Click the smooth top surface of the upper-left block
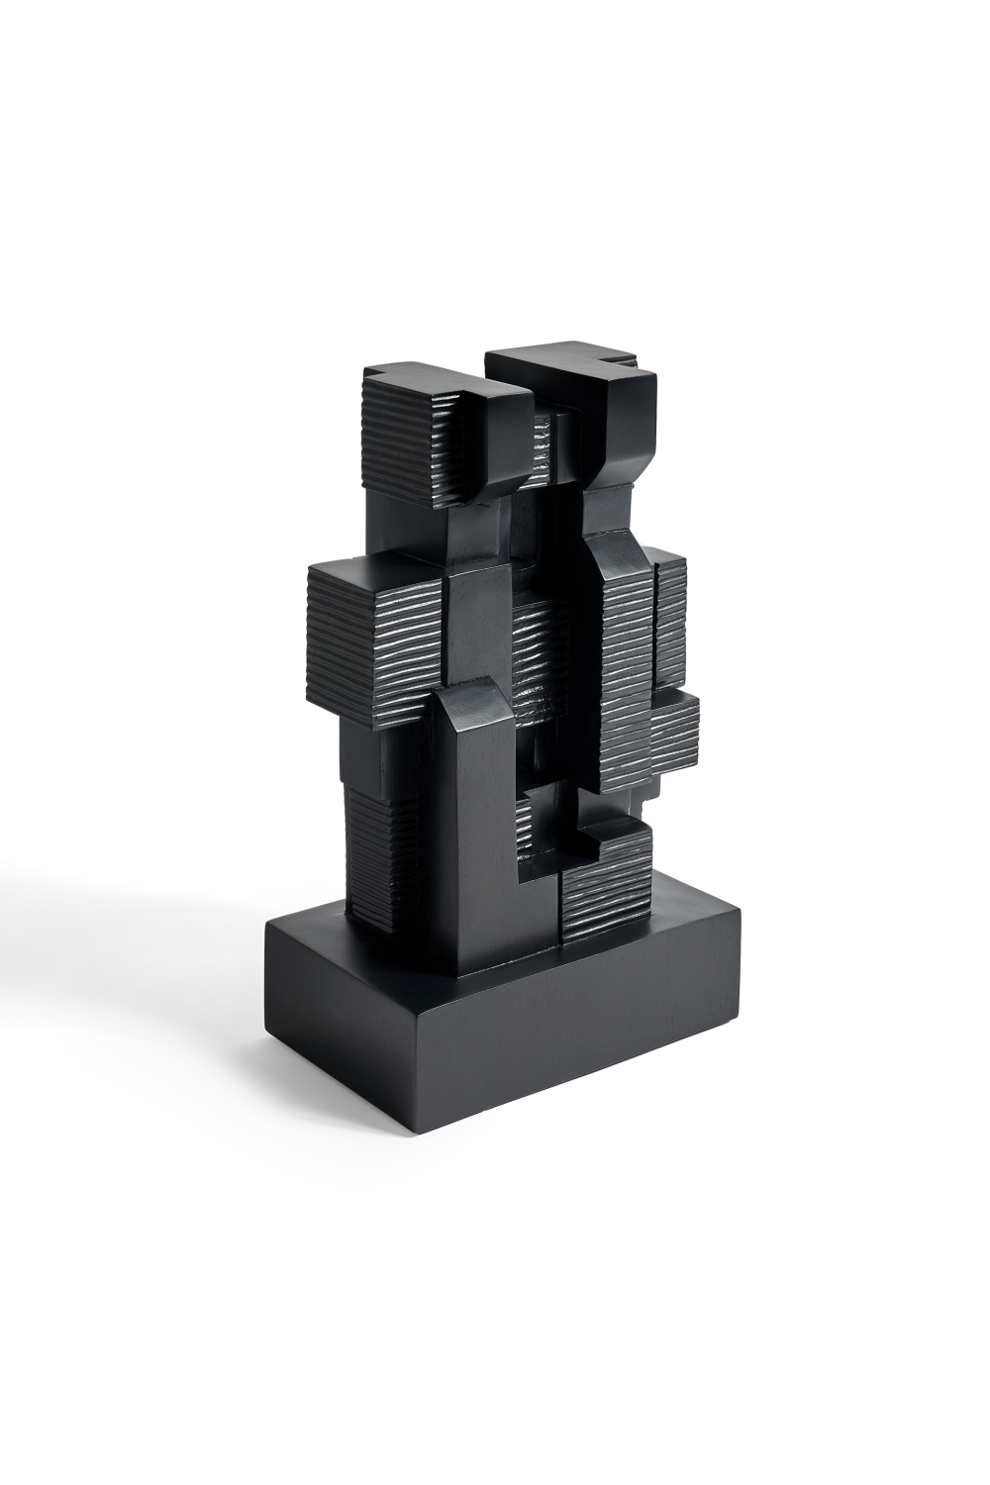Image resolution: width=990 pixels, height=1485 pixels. pos(436,380)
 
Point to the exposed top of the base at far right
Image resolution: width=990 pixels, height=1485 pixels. pos(693,911)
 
